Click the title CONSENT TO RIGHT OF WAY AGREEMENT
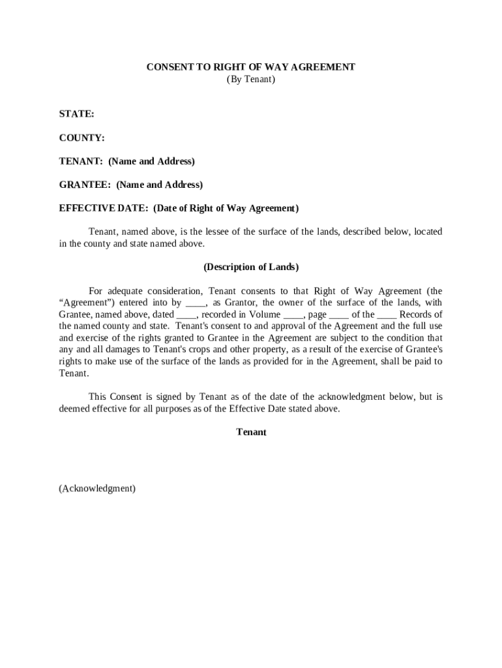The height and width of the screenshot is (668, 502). click(250, 67)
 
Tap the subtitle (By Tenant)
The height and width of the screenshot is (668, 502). click(251, 79)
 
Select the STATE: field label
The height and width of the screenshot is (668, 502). click(77, 114)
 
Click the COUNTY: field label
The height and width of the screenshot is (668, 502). click(82, 138)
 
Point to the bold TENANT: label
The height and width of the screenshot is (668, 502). click(81, 161)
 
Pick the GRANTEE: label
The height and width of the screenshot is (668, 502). click(85, 185)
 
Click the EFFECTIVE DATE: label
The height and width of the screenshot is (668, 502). click(104, 208)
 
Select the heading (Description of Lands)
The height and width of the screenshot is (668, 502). click(251, 267)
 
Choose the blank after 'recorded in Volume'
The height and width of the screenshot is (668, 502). click(293, 314)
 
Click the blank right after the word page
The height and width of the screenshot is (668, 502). click(339, 314)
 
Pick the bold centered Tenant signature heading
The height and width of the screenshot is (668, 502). click(251, 432)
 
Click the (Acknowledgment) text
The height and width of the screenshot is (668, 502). click(97, 488)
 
